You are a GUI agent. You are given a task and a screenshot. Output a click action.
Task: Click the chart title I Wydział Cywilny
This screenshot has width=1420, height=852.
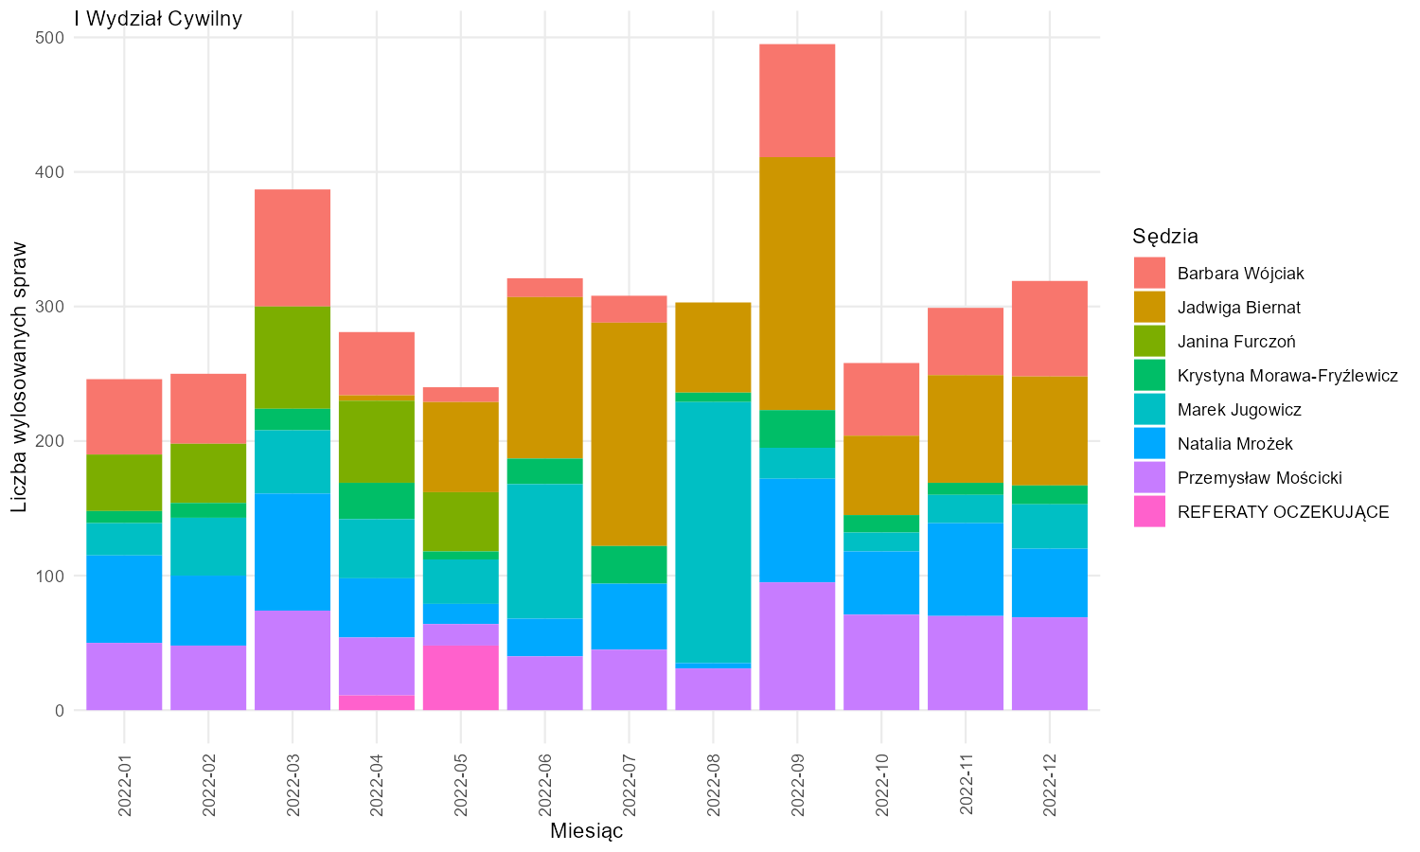point(158,19)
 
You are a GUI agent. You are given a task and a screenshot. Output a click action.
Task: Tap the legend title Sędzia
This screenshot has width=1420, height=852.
point(1165,237)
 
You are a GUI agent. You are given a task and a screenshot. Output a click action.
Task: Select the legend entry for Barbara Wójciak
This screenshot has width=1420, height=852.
point(1240,274)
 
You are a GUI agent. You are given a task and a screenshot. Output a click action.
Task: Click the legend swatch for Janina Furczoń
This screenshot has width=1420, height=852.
point(1150,341)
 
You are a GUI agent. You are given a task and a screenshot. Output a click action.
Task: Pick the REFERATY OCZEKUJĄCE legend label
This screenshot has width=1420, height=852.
point(1283,511)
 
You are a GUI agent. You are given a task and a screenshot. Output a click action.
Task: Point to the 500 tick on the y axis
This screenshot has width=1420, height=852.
point(49,38)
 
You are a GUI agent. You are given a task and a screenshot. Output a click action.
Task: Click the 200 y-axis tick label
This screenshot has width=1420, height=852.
point(49,441)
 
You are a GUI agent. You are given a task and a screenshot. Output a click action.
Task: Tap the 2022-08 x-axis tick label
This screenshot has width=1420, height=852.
point(713,785)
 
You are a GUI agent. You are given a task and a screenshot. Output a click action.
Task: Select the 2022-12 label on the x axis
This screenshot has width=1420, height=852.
point(1050,785)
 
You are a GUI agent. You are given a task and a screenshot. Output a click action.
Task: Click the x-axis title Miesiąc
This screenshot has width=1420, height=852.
point(586,831)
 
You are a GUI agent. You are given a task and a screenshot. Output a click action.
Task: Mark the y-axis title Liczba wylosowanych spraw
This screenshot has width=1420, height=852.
point(19,377)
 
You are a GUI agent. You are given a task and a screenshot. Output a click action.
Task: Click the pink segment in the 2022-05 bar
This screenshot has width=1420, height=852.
point(461,678)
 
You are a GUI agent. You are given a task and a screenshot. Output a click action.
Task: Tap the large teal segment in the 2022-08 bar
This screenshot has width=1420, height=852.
point(713,532)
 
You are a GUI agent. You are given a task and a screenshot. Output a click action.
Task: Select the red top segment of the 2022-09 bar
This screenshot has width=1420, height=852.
point(797,100)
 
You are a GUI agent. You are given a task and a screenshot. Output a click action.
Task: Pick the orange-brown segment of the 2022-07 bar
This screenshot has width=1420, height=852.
point(629,435)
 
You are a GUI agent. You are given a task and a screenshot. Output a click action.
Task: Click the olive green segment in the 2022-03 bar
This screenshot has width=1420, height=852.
point(293,358)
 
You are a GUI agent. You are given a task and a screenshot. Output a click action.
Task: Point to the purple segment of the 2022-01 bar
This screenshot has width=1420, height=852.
point(124,677)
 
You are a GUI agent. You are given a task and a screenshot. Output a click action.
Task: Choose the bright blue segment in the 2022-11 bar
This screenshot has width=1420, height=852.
point(966,569)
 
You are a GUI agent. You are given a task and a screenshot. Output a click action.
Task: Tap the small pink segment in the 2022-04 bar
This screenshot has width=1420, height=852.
point(377,702)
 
